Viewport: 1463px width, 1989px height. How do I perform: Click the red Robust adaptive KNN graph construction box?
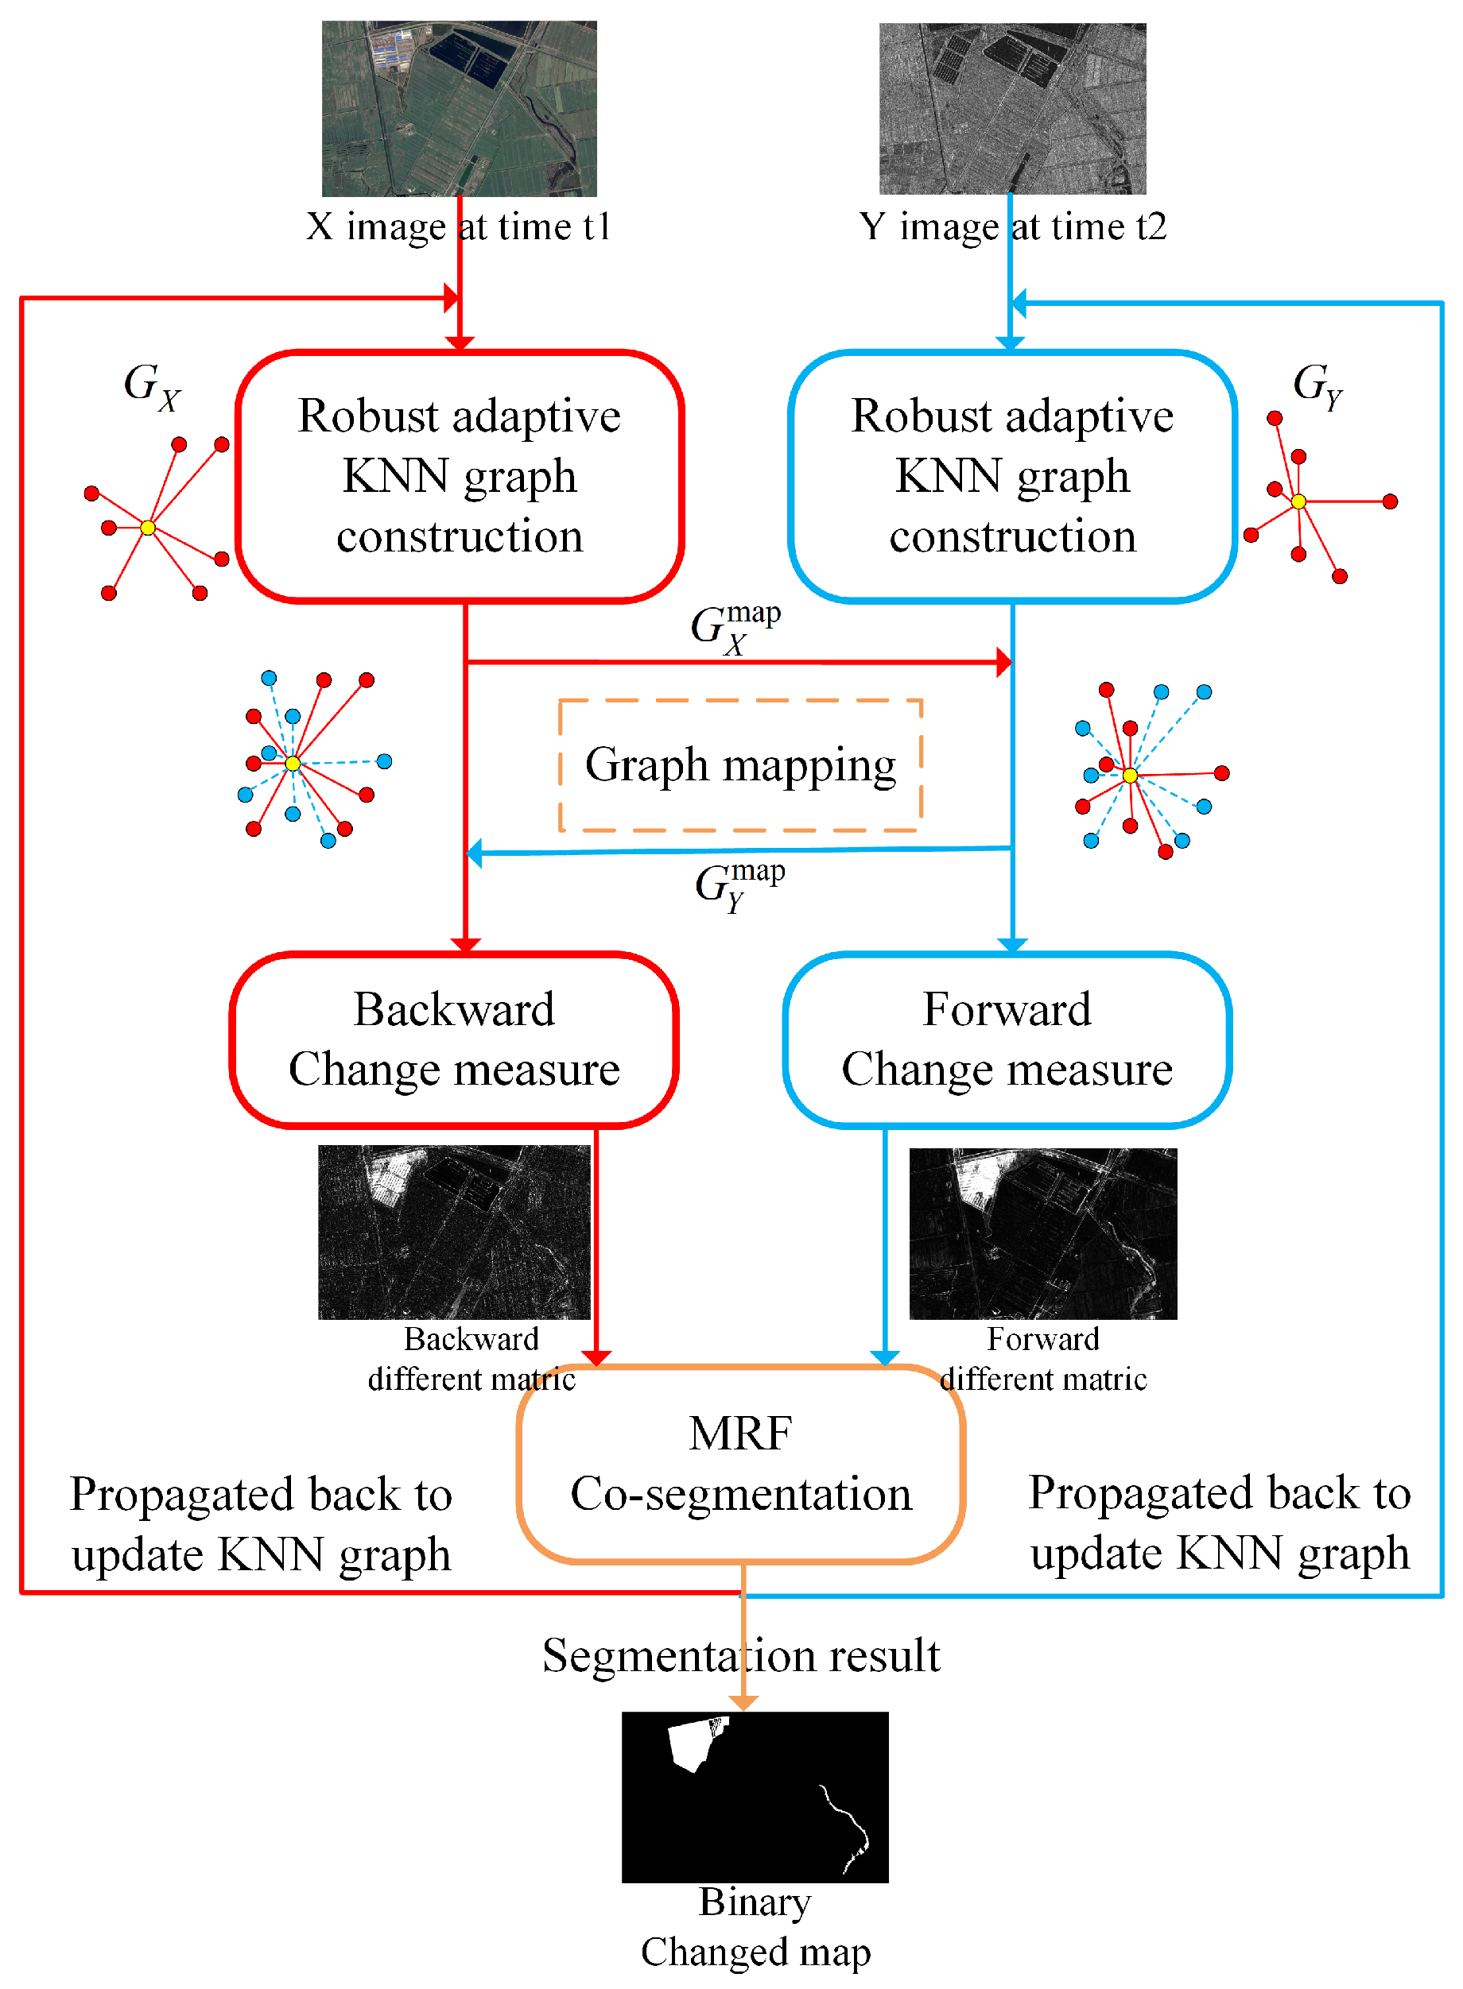pos(460,476)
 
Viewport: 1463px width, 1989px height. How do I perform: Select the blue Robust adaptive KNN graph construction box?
pos(1012,476)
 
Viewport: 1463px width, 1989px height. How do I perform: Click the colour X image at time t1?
pos(459,108)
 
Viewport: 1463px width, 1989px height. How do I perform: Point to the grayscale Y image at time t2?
pos(1012,108)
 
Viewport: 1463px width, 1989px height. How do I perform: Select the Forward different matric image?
pos(1042,1233)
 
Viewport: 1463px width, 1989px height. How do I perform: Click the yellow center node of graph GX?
pos(148,528)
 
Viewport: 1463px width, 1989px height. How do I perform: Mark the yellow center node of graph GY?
pos(1298,502)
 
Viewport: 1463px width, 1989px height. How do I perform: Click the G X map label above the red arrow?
pos(735,629)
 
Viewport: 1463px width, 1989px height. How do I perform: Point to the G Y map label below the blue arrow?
pos(739,886)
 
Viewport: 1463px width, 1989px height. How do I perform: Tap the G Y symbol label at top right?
pos(1317,387)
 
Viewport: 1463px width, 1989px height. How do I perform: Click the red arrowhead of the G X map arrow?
pos(1004,662)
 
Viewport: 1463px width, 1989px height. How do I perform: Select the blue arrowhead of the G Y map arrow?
pos(475,853)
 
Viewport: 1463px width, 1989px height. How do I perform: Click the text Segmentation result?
pos(740,1654)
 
